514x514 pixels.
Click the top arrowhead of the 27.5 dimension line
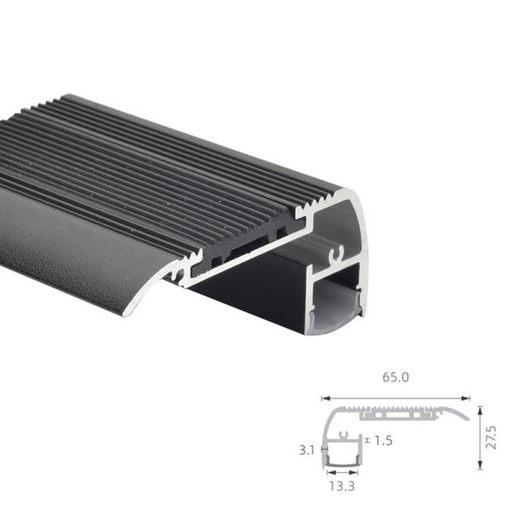(x=480, y=409)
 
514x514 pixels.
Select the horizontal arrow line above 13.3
(x=341, y=473)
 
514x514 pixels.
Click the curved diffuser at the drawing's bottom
(x=341, y=463)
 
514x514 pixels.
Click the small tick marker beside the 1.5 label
(x=368, y=440)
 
